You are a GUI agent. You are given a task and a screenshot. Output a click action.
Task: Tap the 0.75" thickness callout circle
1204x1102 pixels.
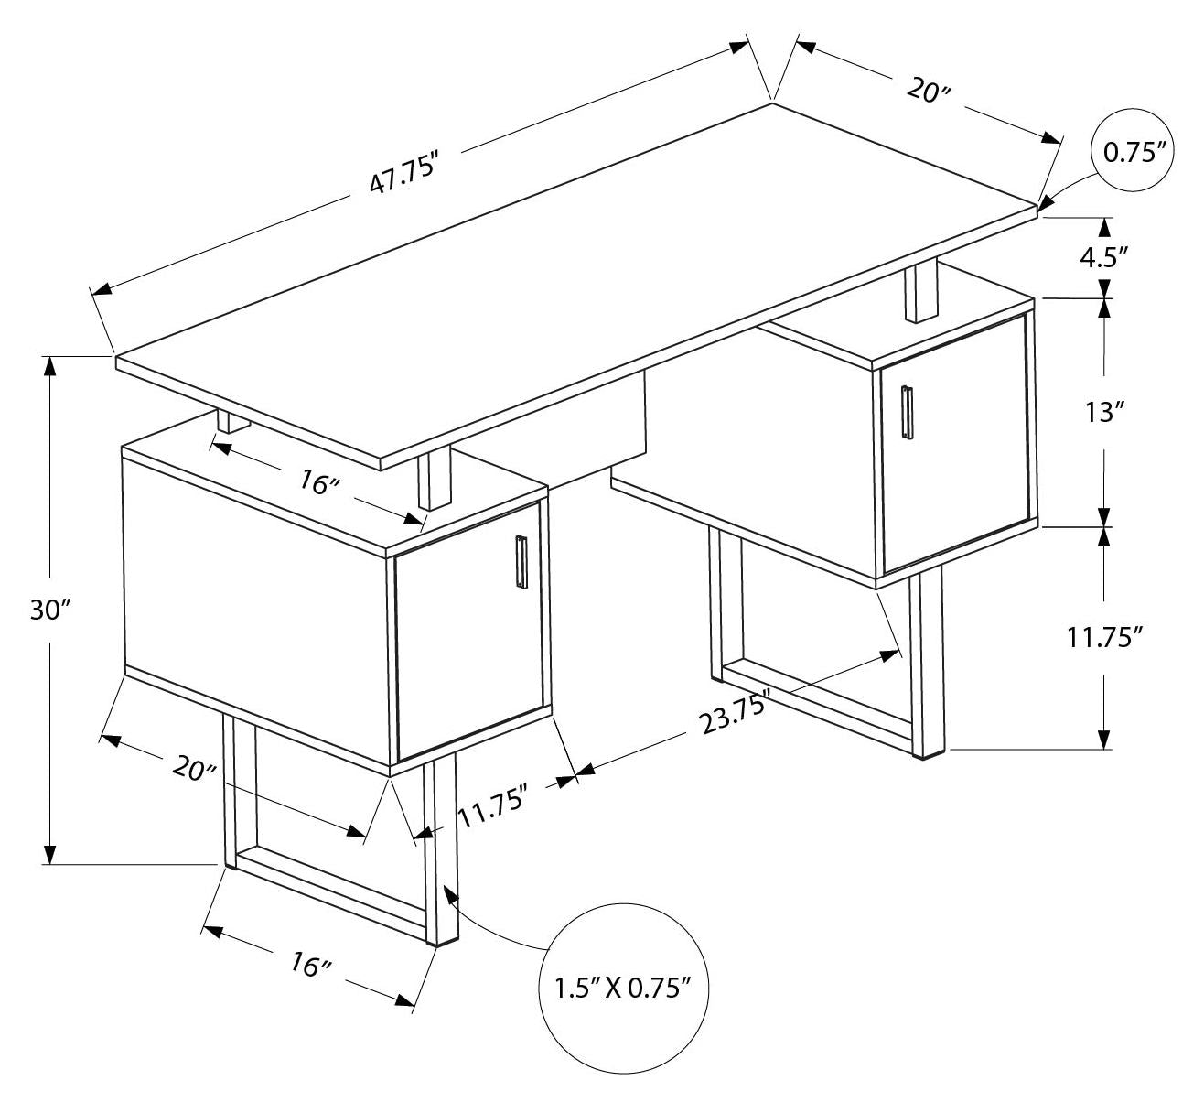tap(1136, 151)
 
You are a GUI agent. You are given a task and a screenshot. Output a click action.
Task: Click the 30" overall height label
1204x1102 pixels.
tap(50, 610)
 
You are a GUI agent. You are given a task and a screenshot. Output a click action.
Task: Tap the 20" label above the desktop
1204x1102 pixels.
tap(930, 92)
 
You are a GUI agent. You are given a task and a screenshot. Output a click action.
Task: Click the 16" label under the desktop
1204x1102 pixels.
tap(319, 481)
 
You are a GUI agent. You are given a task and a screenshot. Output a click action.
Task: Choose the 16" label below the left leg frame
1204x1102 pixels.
tap(310, 964)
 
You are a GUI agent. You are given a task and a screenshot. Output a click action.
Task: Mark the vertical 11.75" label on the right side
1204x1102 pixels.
tap(1105, 637)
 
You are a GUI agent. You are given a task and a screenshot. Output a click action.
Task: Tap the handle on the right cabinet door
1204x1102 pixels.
tap(907, 411)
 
